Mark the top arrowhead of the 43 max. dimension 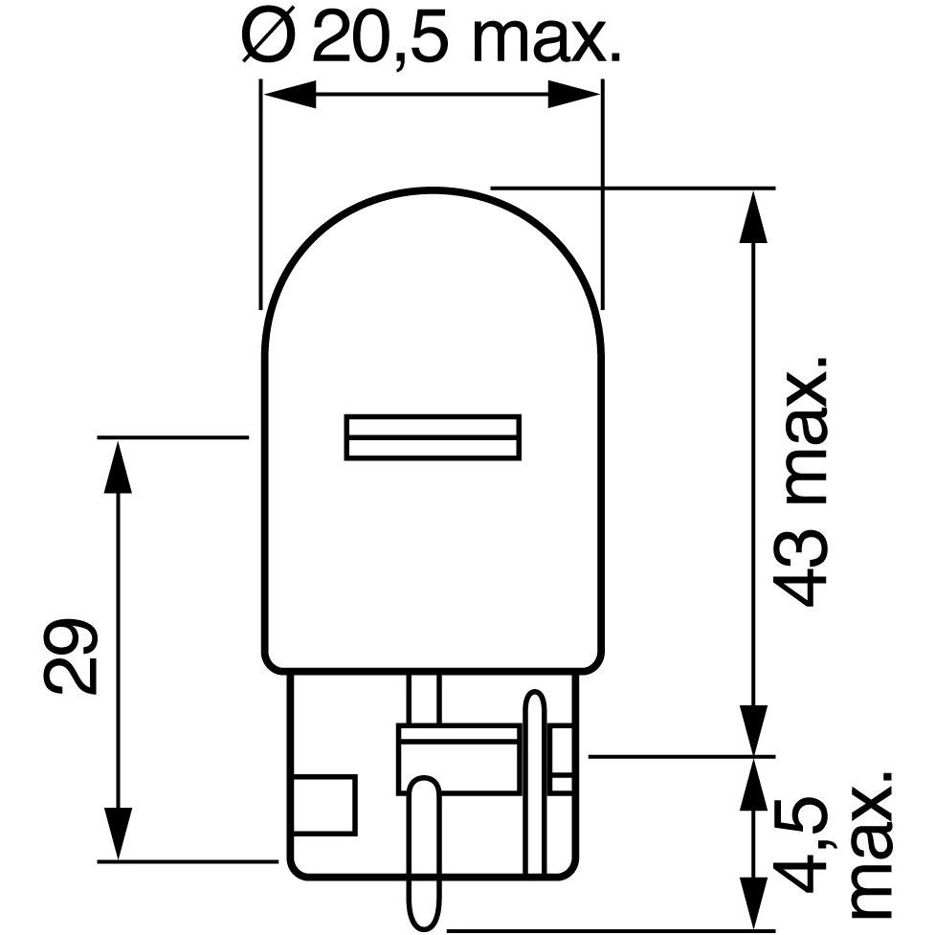[x=755, y=214]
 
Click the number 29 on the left [x=71, y=656]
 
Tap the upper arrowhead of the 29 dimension [x=117, y=464]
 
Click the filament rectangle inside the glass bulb [x=433, y=437]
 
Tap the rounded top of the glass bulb [x=433, y=191]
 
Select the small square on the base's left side [x=326, y=805]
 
